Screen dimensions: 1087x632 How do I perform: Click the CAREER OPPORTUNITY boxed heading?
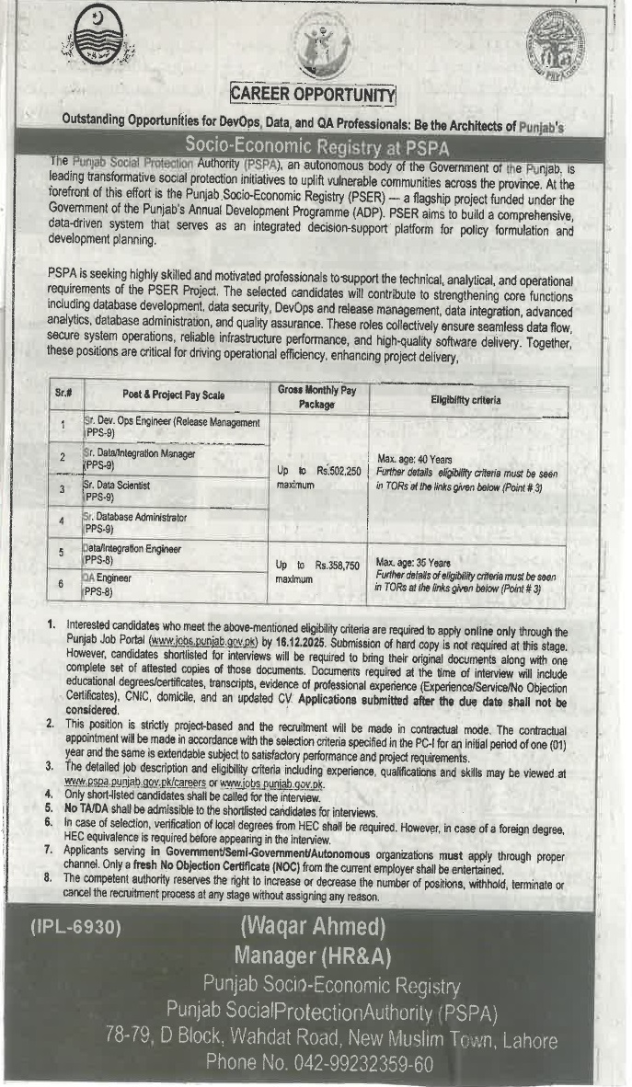313,93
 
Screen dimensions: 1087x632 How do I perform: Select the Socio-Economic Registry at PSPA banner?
313,143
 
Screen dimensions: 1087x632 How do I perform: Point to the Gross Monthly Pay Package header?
316,397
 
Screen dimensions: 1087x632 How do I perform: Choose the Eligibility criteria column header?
466,400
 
